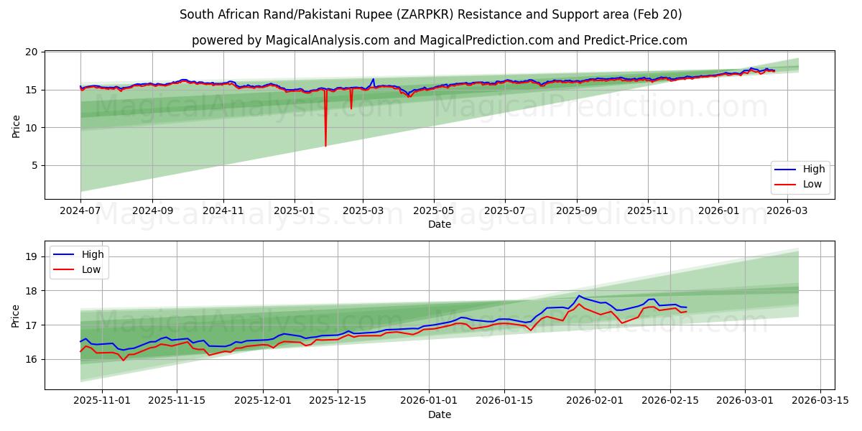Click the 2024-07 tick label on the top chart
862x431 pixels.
(x=80, y=212)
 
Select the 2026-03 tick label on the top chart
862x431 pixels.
(x=789, y=212)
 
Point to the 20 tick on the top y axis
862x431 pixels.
(x=31, y=52)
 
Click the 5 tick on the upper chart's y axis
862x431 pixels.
(x=34, y=165)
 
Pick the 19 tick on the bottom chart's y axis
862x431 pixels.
(x=31, y=256)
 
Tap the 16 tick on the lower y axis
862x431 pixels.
(x=31, y=359)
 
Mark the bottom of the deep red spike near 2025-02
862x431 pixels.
(x=325, y=146)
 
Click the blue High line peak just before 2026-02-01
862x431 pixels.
(x=578, y=296)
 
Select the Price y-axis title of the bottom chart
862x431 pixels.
(x=16, y=315)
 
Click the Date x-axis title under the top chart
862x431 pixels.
(x=439, y=224)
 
